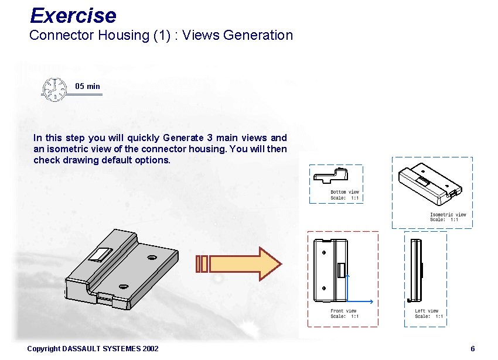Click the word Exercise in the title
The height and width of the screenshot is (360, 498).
[73, 15]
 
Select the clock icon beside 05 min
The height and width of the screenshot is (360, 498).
[54, 89]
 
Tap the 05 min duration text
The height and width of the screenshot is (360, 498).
[88, 86]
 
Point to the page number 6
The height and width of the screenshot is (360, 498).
[473, 349]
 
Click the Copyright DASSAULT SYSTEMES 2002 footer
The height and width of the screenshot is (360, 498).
[93, 349]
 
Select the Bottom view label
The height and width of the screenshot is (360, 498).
[344, 192]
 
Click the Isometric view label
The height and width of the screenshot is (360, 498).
[448, 215]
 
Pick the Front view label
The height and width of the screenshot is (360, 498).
[343, 311]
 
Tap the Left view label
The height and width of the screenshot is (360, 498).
[427, 311]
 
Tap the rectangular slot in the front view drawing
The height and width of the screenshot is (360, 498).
[340, 270]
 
